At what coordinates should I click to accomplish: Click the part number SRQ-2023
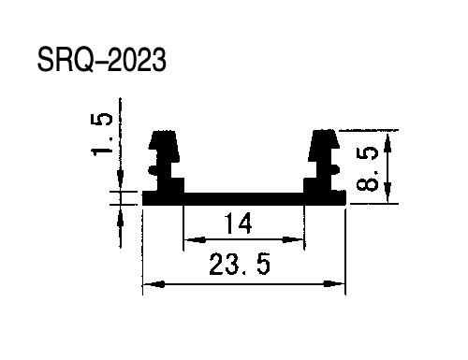[x=102, y=60]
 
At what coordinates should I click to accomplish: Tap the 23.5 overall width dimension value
[x=240, y=265]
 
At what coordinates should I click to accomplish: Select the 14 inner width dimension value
[x=239, y=223]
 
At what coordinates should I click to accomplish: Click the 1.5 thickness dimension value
[x=101, y=134]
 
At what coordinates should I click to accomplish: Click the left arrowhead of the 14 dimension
[x=195, y=239]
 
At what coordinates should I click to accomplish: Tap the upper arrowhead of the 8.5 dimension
[x=388, y=143]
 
